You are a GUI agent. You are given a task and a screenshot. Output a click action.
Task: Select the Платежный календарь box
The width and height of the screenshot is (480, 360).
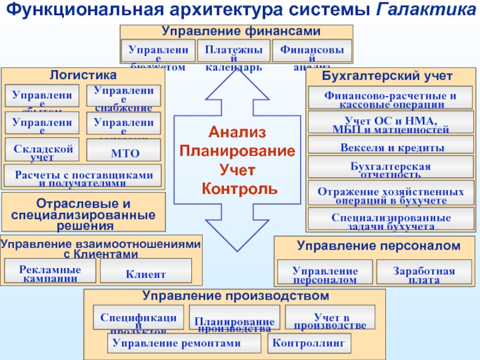tap(233, 51)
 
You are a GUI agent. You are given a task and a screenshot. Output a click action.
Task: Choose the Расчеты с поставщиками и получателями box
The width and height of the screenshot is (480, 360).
tap(83, 175)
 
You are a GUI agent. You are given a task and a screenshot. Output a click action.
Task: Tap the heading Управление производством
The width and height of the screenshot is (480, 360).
tap(235, 296)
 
